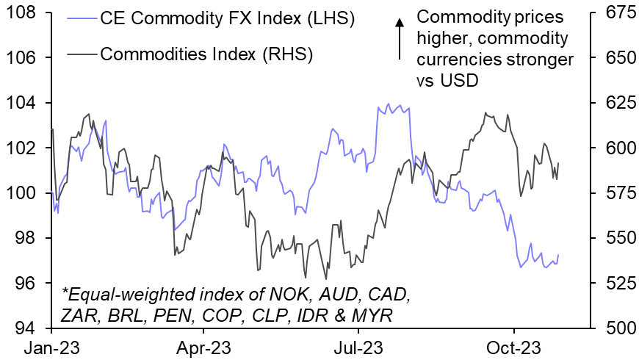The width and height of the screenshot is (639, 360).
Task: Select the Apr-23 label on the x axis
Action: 206,346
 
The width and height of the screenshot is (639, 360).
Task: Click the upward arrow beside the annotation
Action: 400,38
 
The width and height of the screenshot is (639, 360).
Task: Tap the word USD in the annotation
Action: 458,81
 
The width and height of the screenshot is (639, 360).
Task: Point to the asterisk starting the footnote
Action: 64,294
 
